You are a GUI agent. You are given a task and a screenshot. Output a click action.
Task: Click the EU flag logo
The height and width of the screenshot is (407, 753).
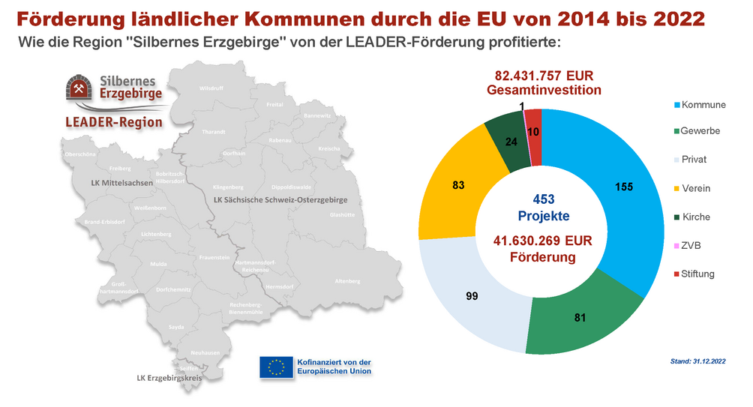point(276,367)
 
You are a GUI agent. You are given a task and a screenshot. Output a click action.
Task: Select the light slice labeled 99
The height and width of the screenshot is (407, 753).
point(472,295)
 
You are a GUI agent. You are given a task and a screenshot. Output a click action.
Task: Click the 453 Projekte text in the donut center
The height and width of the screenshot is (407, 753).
point(544,208)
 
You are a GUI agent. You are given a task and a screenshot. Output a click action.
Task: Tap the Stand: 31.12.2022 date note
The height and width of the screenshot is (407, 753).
point(697,362)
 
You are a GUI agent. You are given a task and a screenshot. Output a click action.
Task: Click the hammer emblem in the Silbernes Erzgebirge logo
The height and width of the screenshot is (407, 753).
point(79,88)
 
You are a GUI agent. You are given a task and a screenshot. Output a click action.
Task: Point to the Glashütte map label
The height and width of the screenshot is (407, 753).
point(342,214)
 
